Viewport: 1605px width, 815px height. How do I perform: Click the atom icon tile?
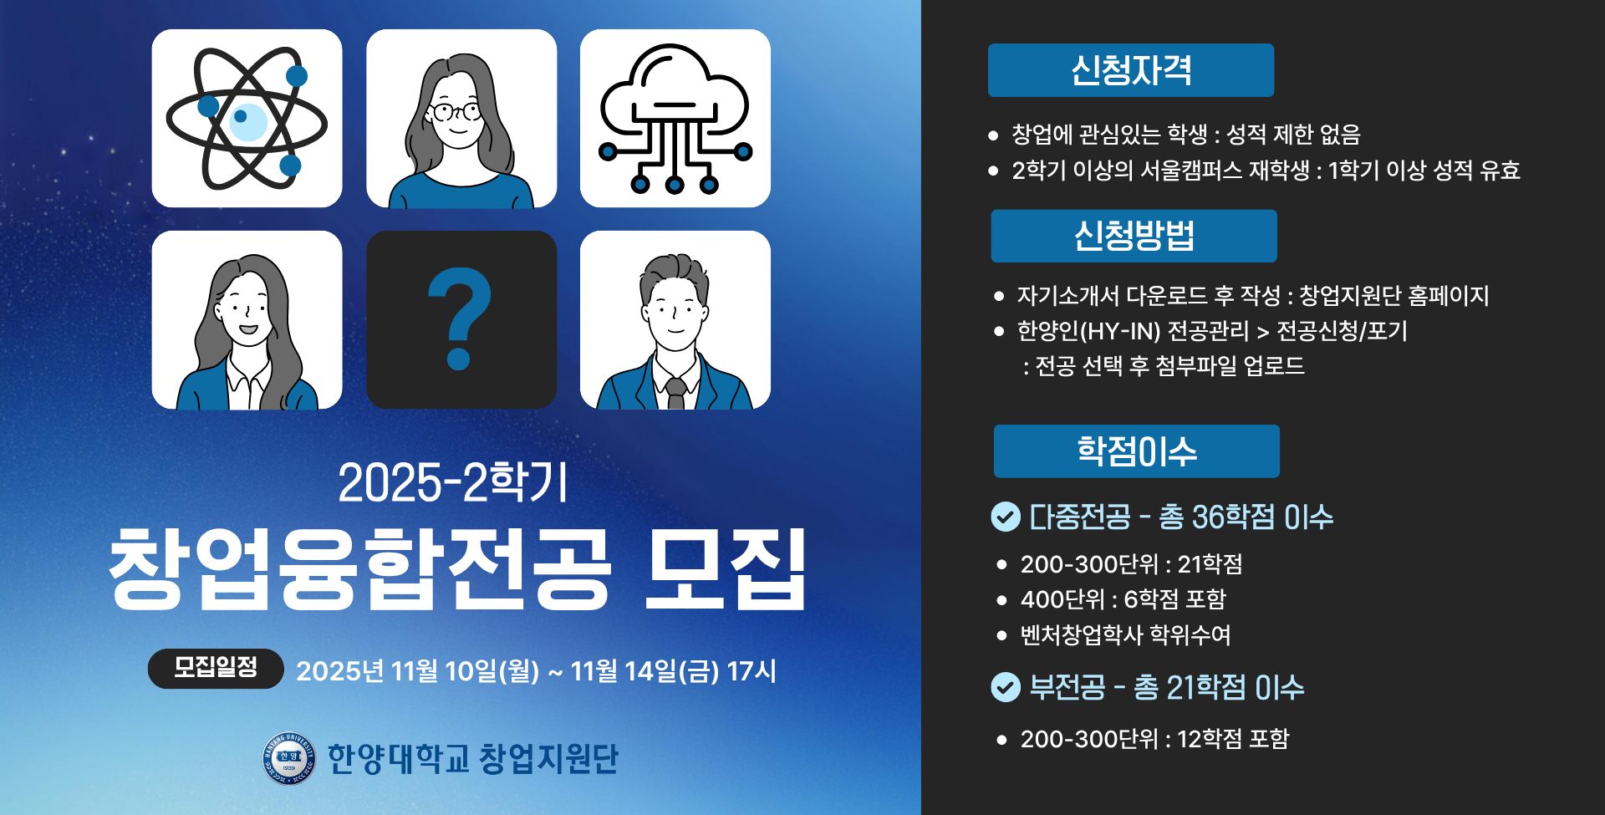[247, 119]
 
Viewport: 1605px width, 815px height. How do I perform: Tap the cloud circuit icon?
[675, 119]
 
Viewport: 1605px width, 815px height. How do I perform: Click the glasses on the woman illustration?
[456, 111]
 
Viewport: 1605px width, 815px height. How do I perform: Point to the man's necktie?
[675, 392]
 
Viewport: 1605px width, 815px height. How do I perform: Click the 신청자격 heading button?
[1130, 70]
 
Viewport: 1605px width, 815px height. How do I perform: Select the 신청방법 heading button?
[1134, 236]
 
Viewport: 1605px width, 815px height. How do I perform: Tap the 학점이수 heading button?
[1136, 451]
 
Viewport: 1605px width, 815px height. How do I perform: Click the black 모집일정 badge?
[216, 668]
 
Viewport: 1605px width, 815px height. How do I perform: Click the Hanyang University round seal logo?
[288, 759]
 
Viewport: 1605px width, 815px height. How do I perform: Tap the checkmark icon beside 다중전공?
[1005, 517]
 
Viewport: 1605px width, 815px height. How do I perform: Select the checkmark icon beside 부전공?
[1005, 687]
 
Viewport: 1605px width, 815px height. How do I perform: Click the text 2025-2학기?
[452, 483]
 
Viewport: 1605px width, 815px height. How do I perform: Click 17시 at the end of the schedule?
[752, 670]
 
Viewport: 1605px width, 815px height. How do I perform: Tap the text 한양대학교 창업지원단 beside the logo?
[472, 759]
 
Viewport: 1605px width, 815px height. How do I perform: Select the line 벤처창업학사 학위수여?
[1125, 634]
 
